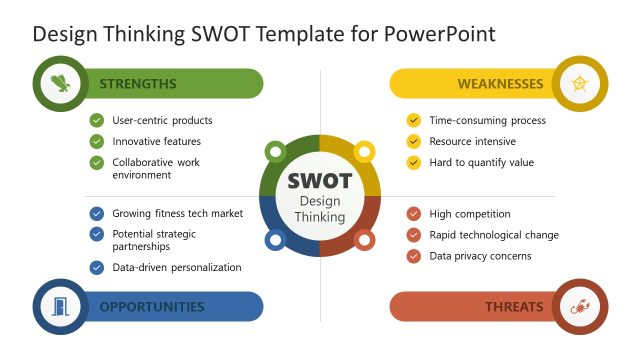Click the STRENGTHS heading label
coord(138,84)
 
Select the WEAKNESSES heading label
coord(500,84)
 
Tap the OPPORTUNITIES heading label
coord(151,307)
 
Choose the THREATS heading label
coord(514,307)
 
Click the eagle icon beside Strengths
coord(62,84)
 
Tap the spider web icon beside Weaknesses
coord(579,84)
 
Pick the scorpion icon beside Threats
coord(579,307)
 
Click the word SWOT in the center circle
coord(319,181)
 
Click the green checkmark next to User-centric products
coord(96,120)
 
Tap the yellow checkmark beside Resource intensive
coord(413,141)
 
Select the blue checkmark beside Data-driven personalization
coord(96,268)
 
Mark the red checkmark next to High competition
coord(413,214)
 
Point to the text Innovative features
coord(156,141)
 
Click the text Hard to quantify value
coord(481,162)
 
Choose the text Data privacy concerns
coord(480,256)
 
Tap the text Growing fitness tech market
coord(177,214)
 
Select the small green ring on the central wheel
coord(275,152)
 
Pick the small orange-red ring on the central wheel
coord(364,240)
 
